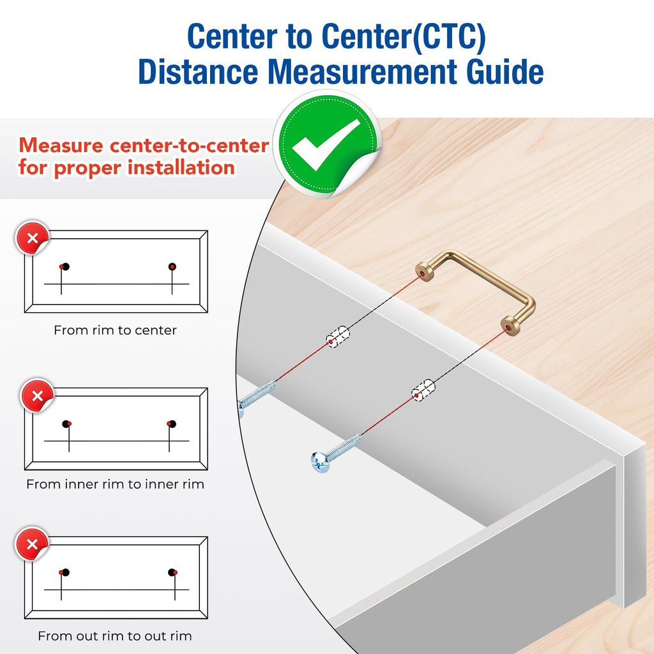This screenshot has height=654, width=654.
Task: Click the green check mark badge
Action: pyautogui.click(x=328, y=144)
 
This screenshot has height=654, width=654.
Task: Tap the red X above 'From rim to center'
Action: pyautogui.click(x=32, y=238)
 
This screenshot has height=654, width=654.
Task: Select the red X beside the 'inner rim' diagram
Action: pyautogui.click(x=38, y=395)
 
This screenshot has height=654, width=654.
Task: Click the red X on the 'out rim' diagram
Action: pyautogui.click(x=32, y=544)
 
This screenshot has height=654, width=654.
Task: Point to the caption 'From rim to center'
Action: pyautogui.click(x=115, y=330)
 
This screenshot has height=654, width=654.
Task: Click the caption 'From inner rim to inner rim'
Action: pyautogui.click(x=115, y=484)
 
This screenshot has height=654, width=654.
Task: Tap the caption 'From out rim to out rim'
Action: pyautogui.click(x=115, y=636)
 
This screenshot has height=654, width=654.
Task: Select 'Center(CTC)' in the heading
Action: pyautogui.click(x=404, y=36)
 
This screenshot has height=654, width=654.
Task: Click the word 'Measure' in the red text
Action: pyautogui.click(x=61, y=146)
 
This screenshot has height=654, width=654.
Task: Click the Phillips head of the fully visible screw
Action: pyautogui.click(x=320, y=462)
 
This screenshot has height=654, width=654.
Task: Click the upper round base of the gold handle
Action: pyautogui.click(x=425, y=272)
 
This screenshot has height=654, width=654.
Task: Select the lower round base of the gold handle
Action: pyautogui.click(x=510, y=326)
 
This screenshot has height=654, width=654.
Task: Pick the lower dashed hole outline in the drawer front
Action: pyautogui.click(x=423, y=390)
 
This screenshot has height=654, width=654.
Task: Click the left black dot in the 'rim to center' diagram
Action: pyautogui.click(x=66, y=266)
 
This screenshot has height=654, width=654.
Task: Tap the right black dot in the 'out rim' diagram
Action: pyautogui.click(x=171, y=572)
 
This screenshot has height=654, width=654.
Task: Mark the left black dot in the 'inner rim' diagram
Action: pyautogui.click(x=66, y=424)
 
